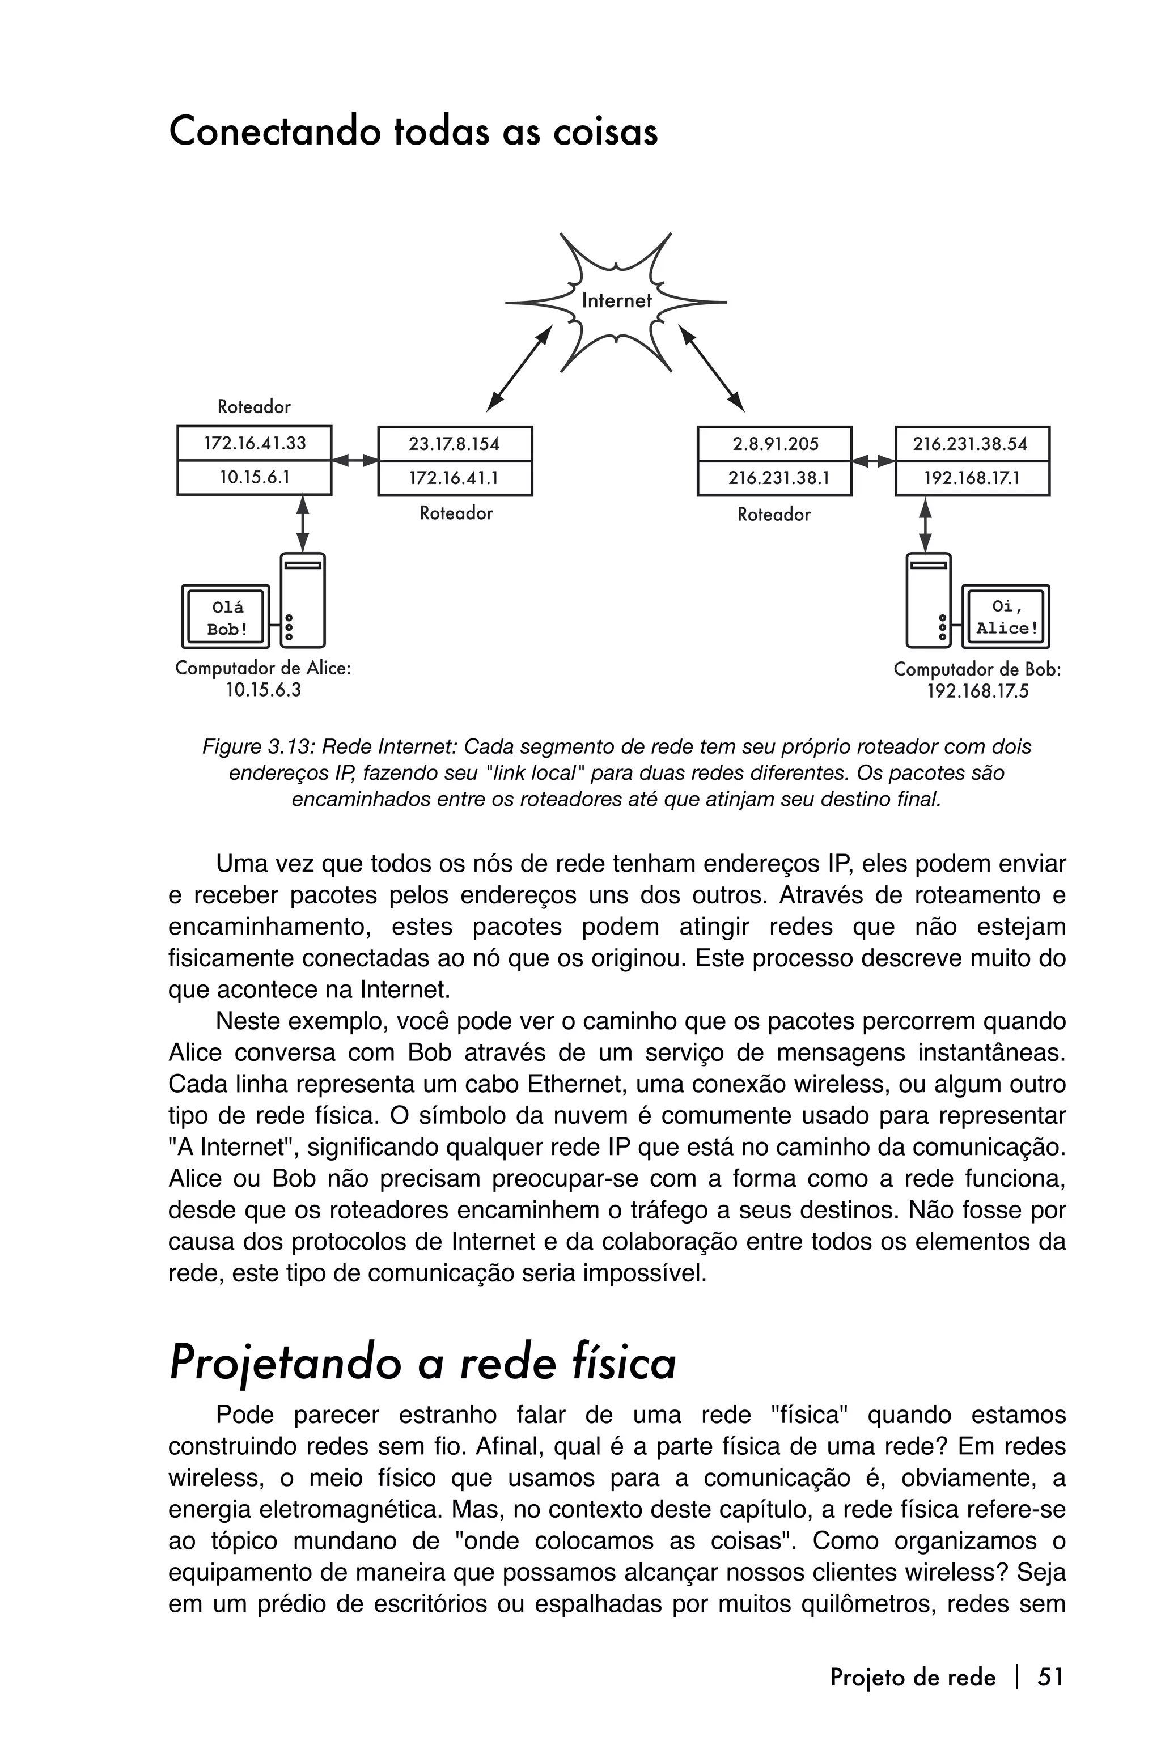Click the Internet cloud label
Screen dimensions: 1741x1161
point(616,300)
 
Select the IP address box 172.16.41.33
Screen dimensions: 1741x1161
point(254,443)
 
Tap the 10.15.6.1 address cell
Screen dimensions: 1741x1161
point(254,477)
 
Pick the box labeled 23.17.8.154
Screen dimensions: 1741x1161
point(454,444)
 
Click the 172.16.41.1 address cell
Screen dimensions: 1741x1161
point(454,478)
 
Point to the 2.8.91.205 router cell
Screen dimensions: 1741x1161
point(774,444)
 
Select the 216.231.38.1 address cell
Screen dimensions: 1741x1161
point(774,478)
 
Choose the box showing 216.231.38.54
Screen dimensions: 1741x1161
point(972,444)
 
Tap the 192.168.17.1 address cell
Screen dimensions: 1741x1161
point(972,478)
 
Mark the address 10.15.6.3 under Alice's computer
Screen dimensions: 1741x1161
point(263,691)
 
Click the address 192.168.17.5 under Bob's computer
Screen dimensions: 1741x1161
point(977,692)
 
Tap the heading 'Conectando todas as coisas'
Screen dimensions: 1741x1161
point(413,133)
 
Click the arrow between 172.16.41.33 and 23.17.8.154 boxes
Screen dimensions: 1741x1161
point(355,460)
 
